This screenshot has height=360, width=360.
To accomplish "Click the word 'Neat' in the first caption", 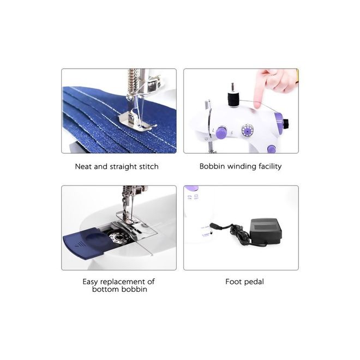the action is (x=83, y=166).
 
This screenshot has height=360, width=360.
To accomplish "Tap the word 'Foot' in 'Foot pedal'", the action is (x=232, y=281).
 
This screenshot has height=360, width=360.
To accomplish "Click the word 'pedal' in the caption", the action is (x=253, y=282).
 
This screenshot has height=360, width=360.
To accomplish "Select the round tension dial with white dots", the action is (x=247, y=131).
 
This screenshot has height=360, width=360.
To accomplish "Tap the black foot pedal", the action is (x=266, y=230).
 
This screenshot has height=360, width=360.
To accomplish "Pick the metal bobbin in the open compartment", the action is (x=118, y=237).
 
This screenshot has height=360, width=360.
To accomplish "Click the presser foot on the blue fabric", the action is (x=136, y=119).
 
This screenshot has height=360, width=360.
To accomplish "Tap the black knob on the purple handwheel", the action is (x=286, y=124).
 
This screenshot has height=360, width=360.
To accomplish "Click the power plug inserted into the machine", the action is (x=216, y=226).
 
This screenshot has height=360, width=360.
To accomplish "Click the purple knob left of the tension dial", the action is (x=221, y=133).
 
